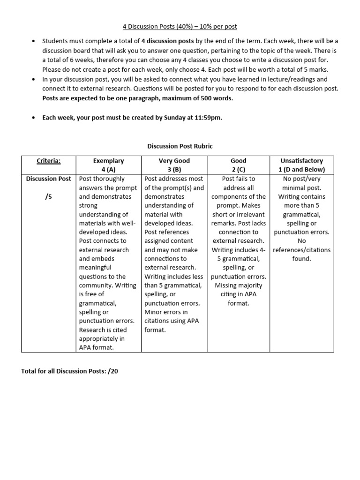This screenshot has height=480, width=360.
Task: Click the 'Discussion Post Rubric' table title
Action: pos(180,146)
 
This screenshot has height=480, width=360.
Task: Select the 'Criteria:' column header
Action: pos(49,161)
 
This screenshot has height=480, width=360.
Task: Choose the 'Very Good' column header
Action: pos(174,161)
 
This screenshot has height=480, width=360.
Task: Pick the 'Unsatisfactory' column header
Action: pos(301,161)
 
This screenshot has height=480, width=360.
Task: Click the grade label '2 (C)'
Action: pos(239,170)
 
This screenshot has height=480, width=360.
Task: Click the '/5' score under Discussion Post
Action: pos(49,196)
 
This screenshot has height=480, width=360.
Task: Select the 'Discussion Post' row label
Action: pos(49,179)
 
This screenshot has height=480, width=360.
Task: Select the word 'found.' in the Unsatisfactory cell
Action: pos(301,259)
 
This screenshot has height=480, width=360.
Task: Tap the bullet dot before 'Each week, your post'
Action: pos(33,118)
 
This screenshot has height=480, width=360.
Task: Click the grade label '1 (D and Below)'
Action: pos(301,170)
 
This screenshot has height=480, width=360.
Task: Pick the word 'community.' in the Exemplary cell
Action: pos(95,285)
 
